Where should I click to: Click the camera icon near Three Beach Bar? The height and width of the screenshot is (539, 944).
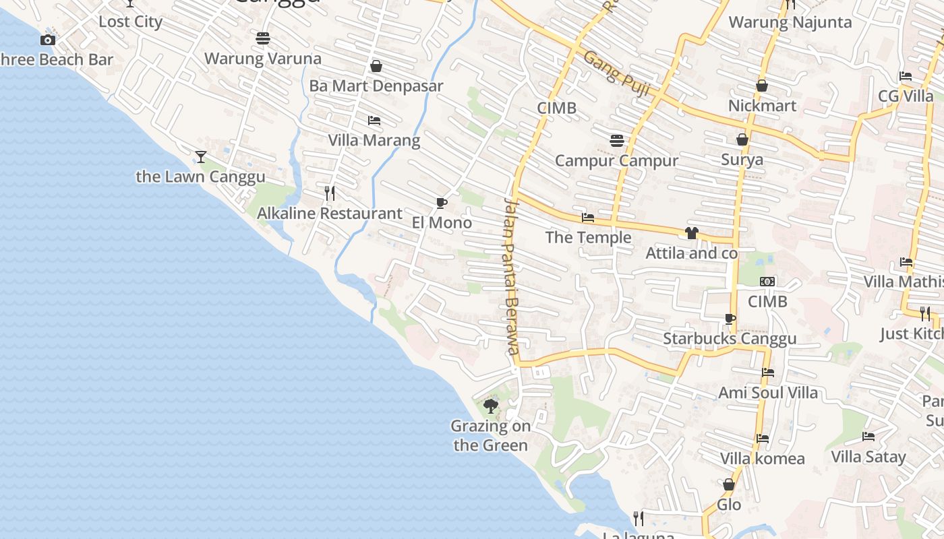(47, 40)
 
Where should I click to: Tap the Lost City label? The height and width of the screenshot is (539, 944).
(130, 22)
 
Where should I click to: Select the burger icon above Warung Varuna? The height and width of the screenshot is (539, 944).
(263, 38)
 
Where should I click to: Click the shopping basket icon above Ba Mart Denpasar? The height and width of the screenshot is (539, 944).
(376, 66)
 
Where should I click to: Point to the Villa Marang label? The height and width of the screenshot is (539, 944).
(374, 140)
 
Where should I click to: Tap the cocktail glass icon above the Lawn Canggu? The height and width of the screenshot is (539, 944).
(200, 157)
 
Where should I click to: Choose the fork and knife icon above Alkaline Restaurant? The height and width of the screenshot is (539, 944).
(330, 193)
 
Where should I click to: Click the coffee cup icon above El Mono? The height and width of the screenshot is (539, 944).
(442, 203)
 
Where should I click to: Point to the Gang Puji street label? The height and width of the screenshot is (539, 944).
(616, 73)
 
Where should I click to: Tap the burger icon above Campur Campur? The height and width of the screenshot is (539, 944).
(616, 141)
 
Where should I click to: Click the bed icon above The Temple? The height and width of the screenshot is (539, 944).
(588, 218)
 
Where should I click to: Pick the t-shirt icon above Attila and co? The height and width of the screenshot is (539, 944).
(691, 234)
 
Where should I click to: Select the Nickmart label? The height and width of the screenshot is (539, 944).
(762, 106)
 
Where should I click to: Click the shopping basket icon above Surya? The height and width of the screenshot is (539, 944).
(742, 139)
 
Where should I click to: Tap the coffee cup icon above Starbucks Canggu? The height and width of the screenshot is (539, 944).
(730, 319)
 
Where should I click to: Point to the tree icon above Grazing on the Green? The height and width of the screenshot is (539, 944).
(491, 406)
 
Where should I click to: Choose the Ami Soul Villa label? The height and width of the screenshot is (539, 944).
(768, 392)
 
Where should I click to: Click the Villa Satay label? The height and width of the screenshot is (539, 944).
(868, 457)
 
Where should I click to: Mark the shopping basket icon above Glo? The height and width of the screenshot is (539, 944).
(729, 484)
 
